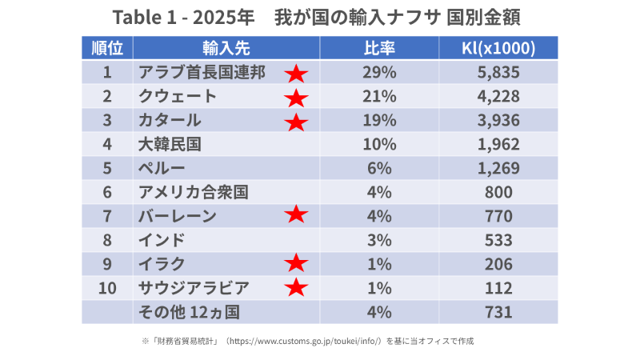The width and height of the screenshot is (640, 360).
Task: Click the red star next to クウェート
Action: (296, 98)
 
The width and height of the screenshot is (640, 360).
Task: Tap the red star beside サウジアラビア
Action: (296, 287)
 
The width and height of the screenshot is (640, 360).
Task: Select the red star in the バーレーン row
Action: (296, 214)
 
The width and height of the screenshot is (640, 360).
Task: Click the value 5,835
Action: (498, 73)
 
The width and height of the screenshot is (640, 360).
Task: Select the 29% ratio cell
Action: (379, 73)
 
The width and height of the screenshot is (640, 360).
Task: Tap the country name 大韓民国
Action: (169, 145)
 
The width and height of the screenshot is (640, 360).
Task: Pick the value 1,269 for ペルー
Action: (498, 168)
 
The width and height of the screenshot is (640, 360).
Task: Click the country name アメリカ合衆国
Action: (193, 192)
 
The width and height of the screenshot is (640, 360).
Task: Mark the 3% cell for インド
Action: (379, 239)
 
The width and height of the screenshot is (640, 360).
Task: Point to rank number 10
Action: (107, 287)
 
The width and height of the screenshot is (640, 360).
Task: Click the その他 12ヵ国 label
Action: (189, 310)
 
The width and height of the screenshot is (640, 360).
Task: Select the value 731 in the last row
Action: (498, 310)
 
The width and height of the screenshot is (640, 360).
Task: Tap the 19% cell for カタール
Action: (379, 121)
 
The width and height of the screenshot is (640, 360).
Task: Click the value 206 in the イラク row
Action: (498, 263)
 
